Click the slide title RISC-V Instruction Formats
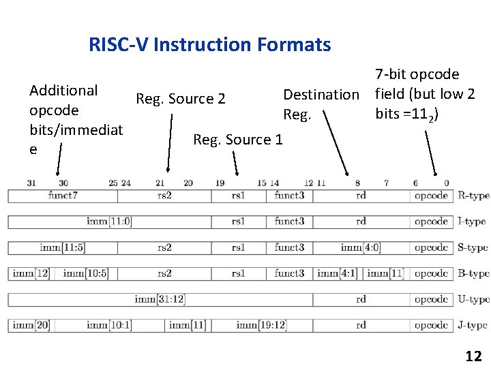[x=209, y=45]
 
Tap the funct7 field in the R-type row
[x=63, y=196]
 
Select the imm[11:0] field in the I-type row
[x=109, y=221]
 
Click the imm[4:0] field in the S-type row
[x=360, y=247]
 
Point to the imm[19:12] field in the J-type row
[x=261, y=325]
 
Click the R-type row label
[x=474, y=196]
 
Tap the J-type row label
[x=473, y=325]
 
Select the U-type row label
[x=474, y=299]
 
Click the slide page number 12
[x=473, y=356]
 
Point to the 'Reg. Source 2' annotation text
[x=180, y=99]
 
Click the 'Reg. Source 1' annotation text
[x=237, y=140]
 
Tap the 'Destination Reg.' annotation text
[x=321, y=104]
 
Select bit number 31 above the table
[x=31, y=183]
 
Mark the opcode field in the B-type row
[x=431, y=273]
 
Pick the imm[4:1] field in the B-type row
[x=337, y=273]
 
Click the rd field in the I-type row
[x=361, y=221]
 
